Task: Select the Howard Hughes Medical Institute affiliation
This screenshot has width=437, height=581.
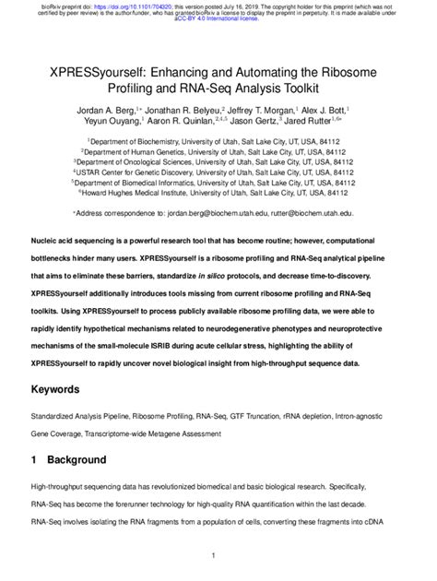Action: click(218, 193)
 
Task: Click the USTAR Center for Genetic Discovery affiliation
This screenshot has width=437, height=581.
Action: click(218, 169)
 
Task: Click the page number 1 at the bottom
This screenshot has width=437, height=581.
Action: click(213, 555)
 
